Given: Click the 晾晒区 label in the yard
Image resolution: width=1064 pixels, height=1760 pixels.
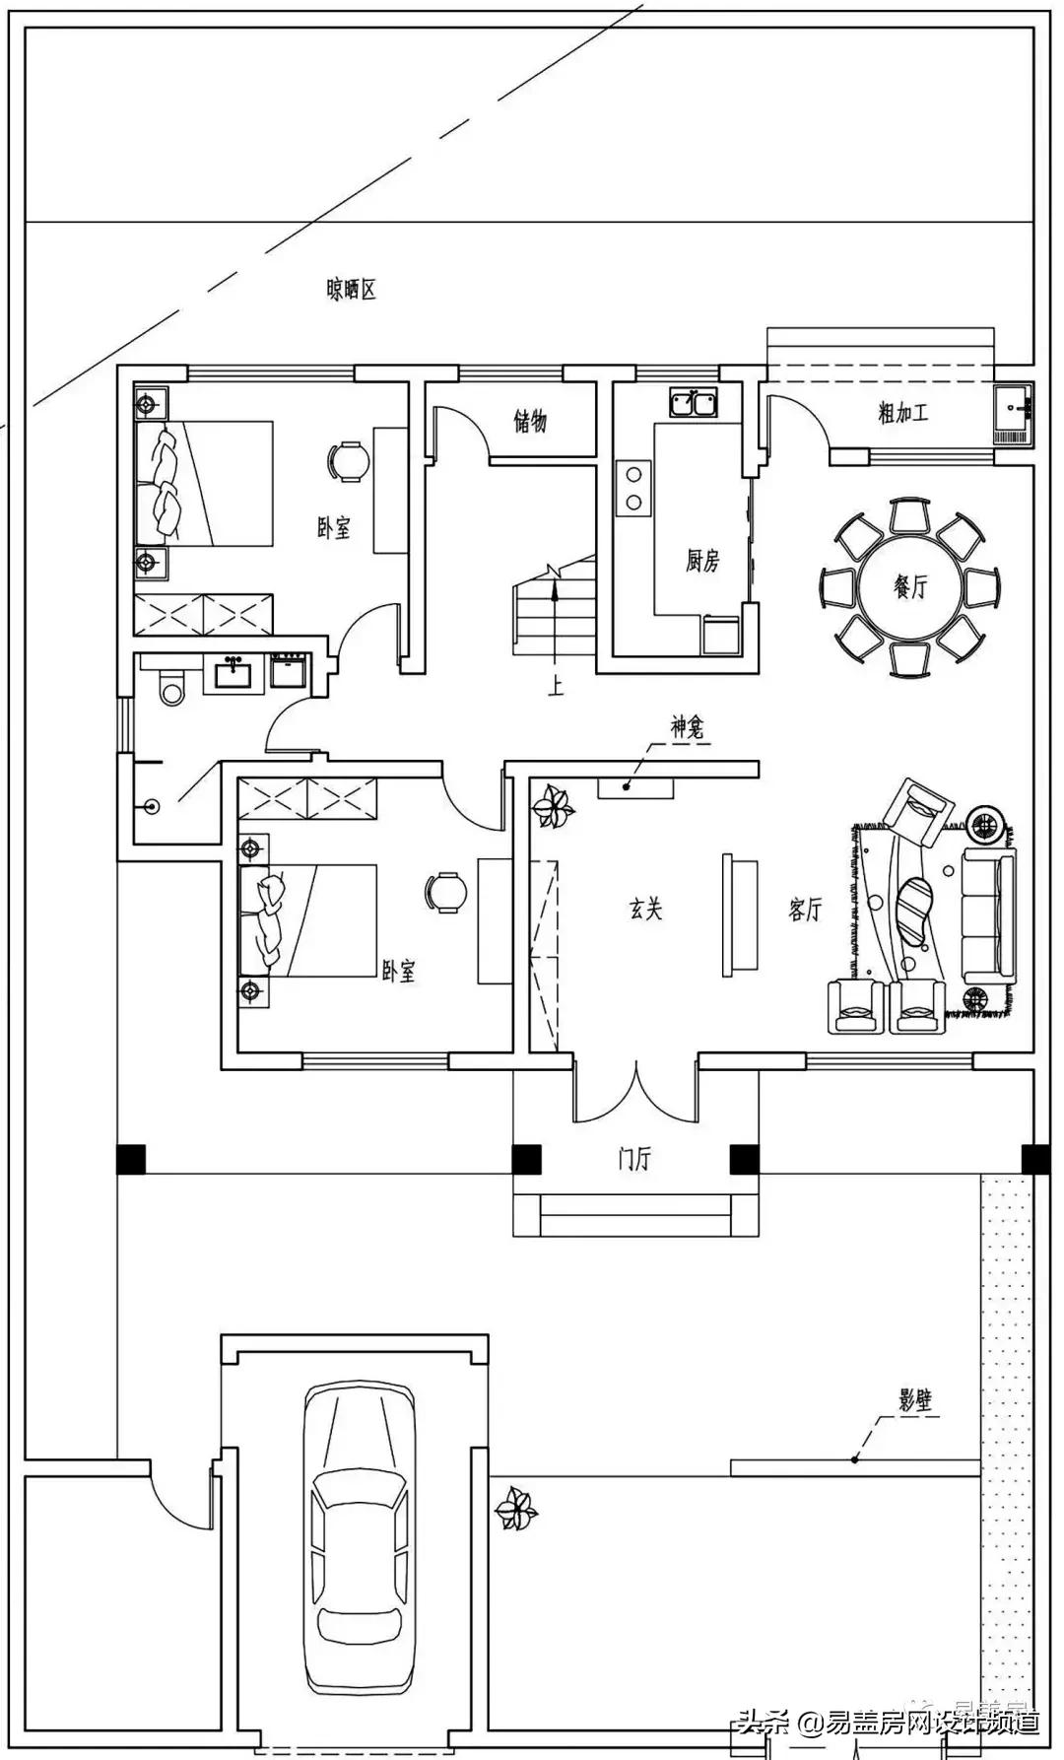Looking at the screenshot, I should pos(351,290).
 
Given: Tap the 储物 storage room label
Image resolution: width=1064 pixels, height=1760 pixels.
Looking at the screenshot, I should pos(530,422).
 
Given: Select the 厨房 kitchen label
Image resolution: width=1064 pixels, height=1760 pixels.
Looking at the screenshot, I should pos(702,561).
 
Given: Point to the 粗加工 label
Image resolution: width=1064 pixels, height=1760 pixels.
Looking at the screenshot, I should pos(902,412).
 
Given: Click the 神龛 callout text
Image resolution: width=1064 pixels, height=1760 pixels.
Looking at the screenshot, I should pos(687,729).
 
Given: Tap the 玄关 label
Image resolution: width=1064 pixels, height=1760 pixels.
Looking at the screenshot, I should pos(645,909).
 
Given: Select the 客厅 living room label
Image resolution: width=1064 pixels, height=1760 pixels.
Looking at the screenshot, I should pos(804,910).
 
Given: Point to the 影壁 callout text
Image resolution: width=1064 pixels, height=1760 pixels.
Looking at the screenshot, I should pos(915,1400).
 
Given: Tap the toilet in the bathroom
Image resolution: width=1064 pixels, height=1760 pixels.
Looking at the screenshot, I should pos(173,687).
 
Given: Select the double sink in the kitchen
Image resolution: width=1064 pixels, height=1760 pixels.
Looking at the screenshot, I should pos(695,402).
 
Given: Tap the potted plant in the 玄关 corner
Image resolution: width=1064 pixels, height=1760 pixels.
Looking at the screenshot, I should pos(553,808).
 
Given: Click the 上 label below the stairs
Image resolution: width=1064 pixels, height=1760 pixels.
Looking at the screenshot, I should pos(556,687).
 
